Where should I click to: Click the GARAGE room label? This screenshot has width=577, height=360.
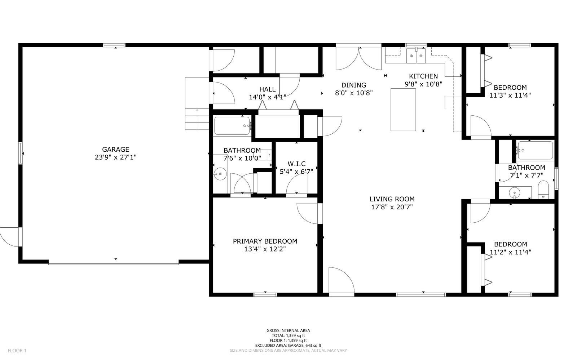pyautogui.click(x=115, y=149)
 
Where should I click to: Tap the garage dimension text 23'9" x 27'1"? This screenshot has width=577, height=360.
pyautogui.click(x=115, y=157)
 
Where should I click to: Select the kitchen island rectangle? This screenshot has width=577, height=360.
pyautogui.click(x=403, y=110)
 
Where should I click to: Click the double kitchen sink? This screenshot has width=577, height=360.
pyautogui.click(x=416, y=56)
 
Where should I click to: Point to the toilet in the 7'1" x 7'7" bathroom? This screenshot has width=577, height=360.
pyautogui.click(x=543, y=190)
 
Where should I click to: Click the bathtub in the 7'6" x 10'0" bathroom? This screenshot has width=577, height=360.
pyautogui.click(x=232, y=126)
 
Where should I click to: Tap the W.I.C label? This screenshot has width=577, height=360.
pyautogui.click(x=296, y=164)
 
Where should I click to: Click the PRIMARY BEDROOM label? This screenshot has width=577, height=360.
pyautogui.click(x=265, y=241)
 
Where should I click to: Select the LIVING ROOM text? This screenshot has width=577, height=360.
pyautogui.click(x=392, y=199)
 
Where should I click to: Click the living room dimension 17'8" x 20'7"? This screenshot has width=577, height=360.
pyautogui.click(x=392, y=207)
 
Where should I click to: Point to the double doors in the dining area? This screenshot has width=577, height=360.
pyautogui.click(x=358, y=58)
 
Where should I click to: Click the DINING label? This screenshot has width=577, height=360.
pyautogui.click(x=354, y=85)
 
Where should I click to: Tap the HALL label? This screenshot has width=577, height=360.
pyautogui.click(x=267, y=89)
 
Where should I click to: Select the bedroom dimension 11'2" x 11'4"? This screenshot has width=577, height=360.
pyautogui.click(x=510, y=252)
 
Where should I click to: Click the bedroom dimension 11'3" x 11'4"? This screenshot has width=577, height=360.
pyautogui.click(x=510, y=95)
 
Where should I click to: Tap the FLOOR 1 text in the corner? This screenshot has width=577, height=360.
pyautogui.click(x=17, y=350)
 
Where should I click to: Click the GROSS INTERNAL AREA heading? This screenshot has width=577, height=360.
pyautogui.click(x=288, y=330)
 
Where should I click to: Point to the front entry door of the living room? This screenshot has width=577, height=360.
pyautogui.click(x=341, y=281)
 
